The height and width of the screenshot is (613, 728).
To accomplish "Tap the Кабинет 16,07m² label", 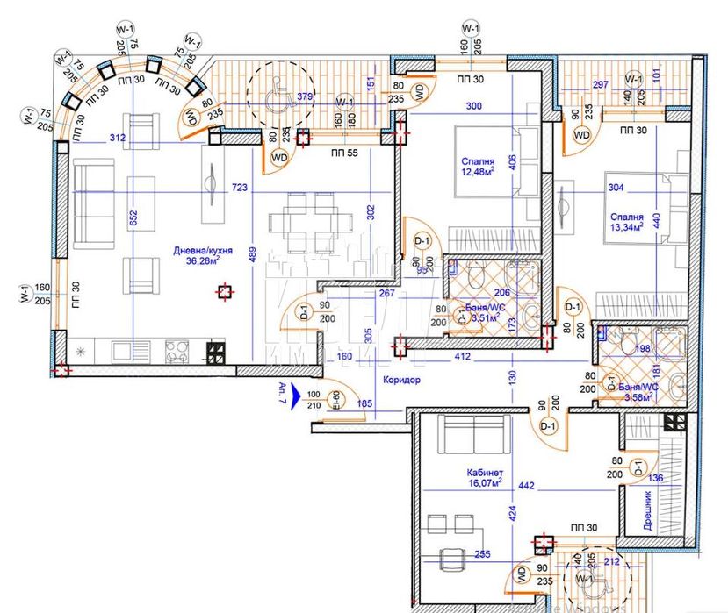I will click(x=484, y=477).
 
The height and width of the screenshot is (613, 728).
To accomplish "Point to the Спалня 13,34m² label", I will click(x=623, y=219).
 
